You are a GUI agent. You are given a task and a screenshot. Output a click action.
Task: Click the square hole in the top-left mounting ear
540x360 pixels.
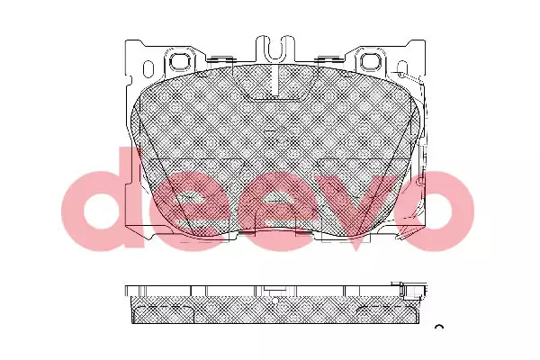tap(181, 61)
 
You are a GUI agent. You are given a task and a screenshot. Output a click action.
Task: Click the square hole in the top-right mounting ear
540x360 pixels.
tap(370, 61)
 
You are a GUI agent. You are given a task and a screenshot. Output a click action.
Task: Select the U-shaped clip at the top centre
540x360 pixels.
tap(274, 48)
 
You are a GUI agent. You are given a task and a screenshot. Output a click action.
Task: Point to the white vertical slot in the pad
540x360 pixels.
tap(274, 80)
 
